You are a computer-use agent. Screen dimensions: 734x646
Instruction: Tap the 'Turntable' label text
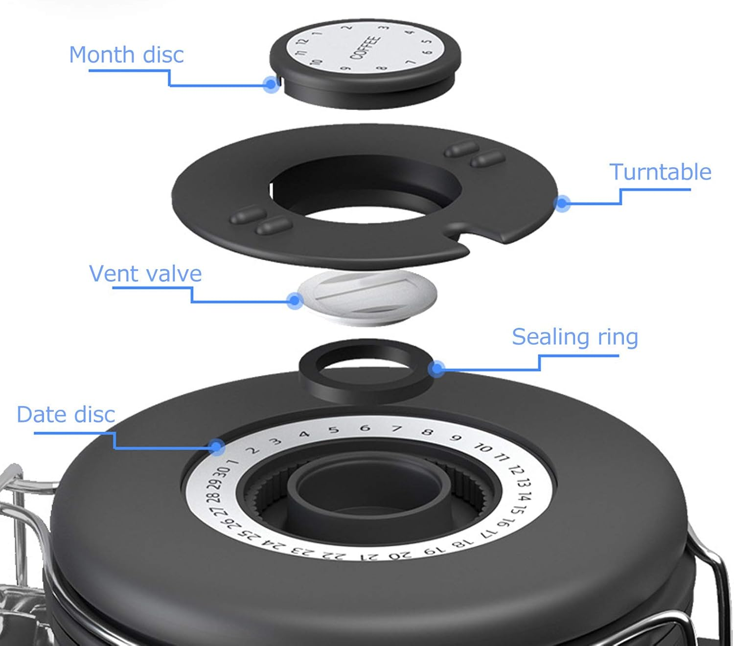pyautogui.click(x=660, y=172)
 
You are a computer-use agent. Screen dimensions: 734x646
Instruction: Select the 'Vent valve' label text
pyautogui.click(x=145, y=274)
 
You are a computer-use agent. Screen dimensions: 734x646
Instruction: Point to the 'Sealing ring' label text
pyautogui.click(x=575, y=338)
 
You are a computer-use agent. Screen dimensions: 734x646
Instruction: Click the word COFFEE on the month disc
pyautogui.click(x=365, y=47)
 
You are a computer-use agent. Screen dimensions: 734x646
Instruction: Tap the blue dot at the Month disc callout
pyautogui.click(x=271, y=84)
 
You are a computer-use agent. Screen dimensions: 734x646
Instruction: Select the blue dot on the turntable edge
pyautogui.click(x=562, y=203)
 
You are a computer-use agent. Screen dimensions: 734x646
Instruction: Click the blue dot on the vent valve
pyautogui.click(x=295, y=300)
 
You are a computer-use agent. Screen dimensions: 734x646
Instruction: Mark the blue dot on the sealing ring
pyautogui.click(x=437, y=369)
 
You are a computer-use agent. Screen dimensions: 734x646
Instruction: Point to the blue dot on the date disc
pyautogui.click(x=217, y=446)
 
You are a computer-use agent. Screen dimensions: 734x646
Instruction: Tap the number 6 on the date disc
pyautogui.click(x=365, y=428)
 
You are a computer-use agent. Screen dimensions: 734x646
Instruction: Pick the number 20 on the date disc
pyautogui.click(x=400, y=555)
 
